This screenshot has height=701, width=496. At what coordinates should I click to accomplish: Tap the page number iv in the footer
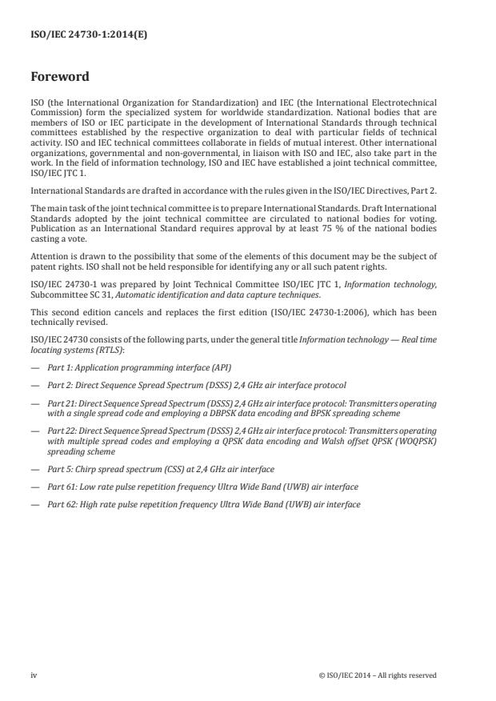point(34,675)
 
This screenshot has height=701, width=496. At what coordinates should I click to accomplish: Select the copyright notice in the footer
point(377,675)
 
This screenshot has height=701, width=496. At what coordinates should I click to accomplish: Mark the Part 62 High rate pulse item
point(203,504)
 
